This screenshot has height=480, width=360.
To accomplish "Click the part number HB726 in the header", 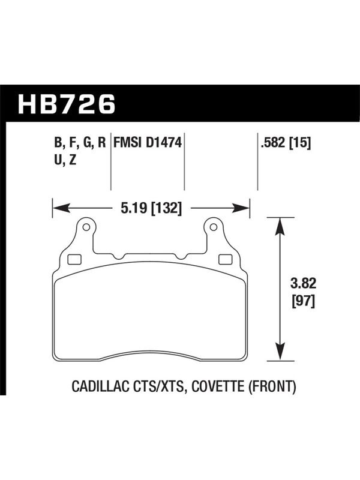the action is coord(67,104).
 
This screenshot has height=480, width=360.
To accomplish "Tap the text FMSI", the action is coord(127,143).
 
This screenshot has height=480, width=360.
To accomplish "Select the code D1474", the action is coord(164,143).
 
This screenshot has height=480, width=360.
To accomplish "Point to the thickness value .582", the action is coord(273,143).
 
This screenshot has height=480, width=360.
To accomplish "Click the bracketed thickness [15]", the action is coord(300,143).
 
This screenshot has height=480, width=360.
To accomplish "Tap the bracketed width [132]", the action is coord(167,209).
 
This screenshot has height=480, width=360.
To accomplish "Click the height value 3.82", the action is coord(304,284).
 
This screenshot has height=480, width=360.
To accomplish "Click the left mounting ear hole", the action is coord(86,227).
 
